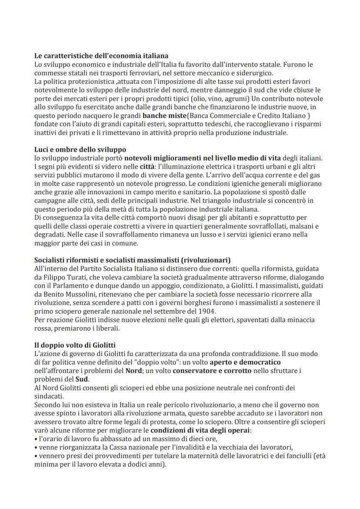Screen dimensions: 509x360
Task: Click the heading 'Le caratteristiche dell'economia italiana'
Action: (101, 56)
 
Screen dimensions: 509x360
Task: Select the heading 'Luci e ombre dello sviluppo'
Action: (80, 150)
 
